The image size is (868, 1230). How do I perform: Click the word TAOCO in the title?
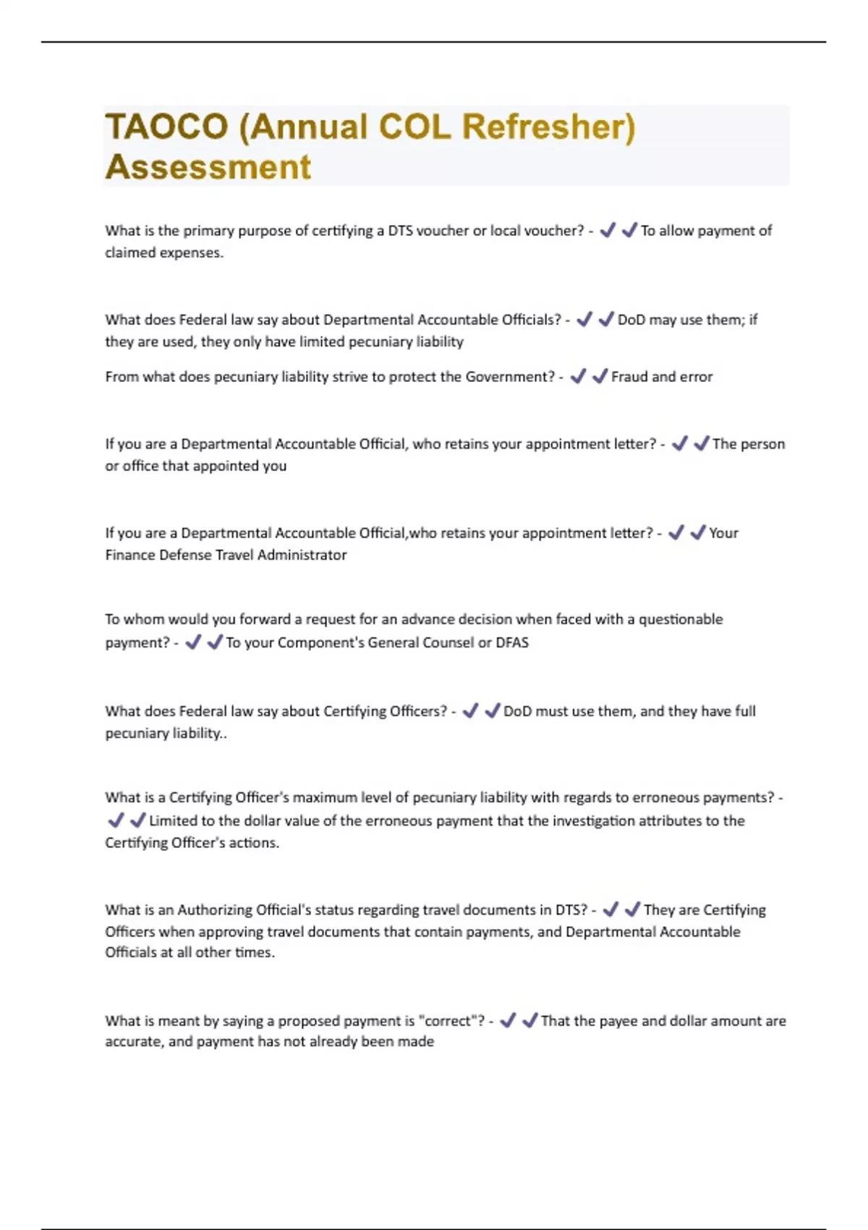coord(167,127)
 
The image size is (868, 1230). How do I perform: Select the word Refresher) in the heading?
coord(549,127)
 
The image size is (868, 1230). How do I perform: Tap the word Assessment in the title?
coord(208,167)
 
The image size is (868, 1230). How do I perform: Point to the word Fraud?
coord(629,377)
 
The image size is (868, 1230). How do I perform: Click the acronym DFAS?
coord(512,642)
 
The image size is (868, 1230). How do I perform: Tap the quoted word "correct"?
coord(451,1021)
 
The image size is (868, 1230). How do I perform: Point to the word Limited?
coord(174,820)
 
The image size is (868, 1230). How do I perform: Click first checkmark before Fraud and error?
coord(578,376)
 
